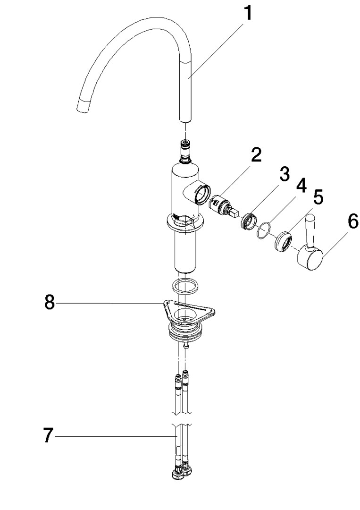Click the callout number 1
tap(248, 14)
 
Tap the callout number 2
tap(256, 155)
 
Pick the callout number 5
tap(318, 198)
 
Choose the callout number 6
tap(352, 221)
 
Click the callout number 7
tap(48, 435)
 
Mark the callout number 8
tap(50, 303)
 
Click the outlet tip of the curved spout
tap(83, 107)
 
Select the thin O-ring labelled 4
tap(263, 230)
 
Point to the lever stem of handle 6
tap(310, 229)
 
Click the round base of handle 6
tap(310, 258)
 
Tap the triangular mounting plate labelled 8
tap(188, 312)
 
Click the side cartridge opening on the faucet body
tap(202, 194)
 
